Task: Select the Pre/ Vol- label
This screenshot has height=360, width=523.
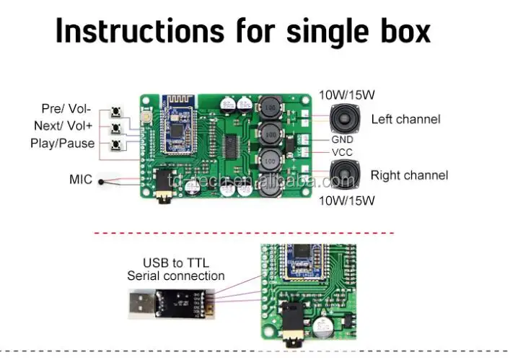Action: coord(66,109)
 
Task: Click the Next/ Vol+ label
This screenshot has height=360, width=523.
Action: coord(63,126)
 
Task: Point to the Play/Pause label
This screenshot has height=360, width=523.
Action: coord(62,143)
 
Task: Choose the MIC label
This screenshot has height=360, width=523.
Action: coord(81,179)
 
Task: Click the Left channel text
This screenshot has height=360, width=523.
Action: coord(405,119)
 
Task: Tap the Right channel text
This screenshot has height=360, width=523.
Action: coord(409,175)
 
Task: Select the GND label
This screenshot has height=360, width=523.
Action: coord(342,139)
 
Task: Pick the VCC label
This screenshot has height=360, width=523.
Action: coord(342,152)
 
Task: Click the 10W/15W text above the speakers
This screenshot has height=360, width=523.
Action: coord(346,95)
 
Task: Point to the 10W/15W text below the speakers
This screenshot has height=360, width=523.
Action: coord(346,199)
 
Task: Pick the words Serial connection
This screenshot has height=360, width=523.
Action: coord(175,276)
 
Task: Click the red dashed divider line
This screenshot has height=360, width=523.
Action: coord(245,233)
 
